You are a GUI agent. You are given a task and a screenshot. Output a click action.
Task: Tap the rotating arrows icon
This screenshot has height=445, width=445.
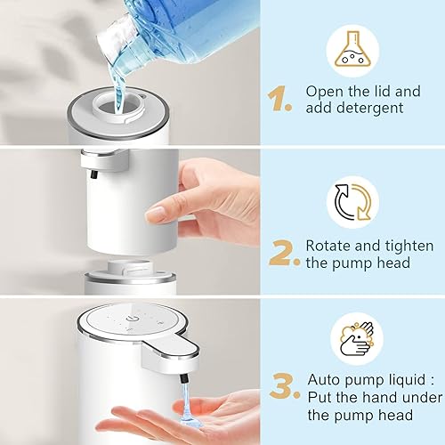coord(353,201)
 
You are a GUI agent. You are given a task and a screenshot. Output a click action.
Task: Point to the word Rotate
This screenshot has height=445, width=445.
coord(328,245)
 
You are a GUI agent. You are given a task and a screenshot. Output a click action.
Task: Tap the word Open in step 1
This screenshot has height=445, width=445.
coord(326,91)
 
